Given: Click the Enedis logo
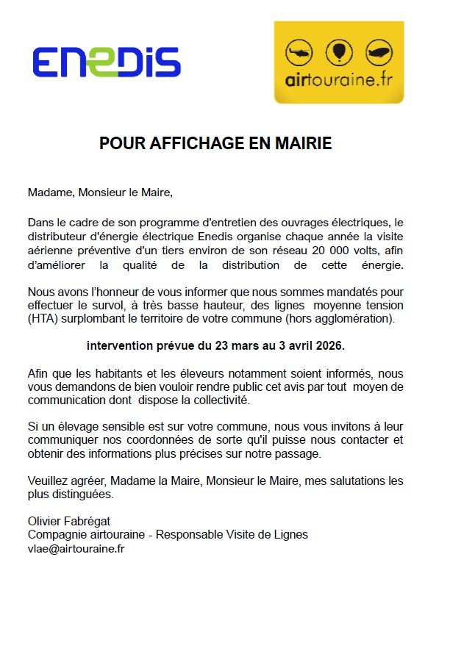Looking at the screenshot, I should click(106, 62).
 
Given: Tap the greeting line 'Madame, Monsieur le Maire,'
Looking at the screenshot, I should click(100, 193).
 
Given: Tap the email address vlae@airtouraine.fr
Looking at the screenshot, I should click(76, 548).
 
